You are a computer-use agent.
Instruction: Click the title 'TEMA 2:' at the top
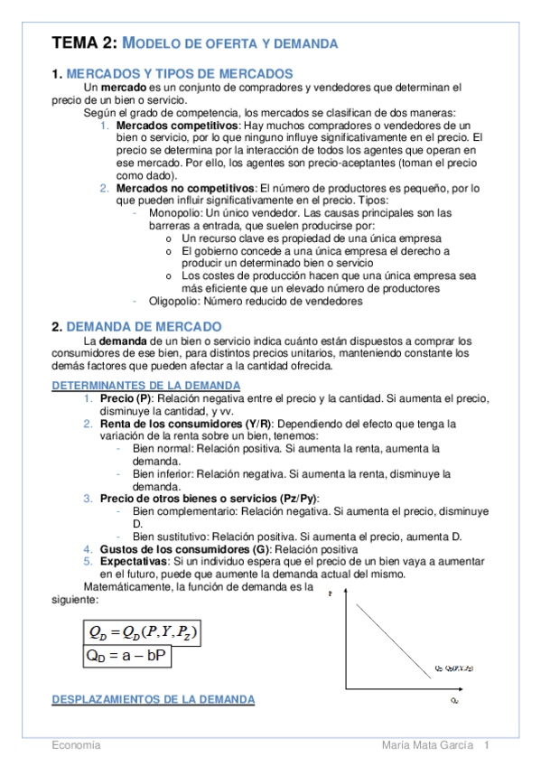coord(84,42)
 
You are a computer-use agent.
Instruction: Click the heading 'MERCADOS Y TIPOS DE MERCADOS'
coord(180,73)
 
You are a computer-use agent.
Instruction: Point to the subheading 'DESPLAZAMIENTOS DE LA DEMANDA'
coord(153,699)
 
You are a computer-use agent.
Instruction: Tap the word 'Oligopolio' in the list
coord(174,302)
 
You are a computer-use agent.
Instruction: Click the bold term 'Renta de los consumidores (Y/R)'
coord(189,424)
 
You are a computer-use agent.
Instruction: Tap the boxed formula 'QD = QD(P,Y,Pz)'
coord(140,631)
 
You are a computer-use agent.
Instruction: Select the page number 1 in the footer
coord(487,745)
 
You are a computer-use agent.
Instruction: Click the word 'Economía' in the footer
coord(76,745)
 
